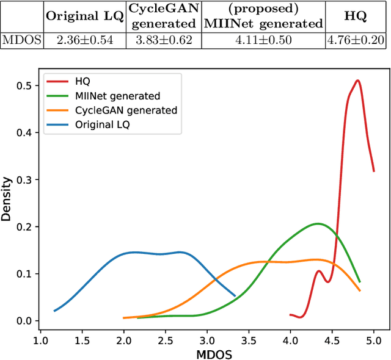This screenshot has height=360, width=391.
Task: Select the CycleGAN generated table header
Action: coord(163,16)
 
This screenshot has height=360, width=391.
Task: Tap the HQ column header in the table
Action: coord(355,16)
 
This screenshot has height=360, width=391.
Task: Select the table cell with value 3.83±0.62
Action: coord(163,40)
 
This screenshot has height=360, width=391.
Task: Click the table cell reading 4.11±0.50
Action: coord(263,40)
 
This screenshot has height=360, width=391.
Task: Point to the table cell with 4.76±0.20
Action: coord(355,40)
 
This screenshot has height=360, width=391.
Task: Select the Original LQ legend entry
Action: coord(103,124)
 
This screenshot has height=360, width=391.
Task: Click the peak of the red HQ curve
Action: coord(357,81)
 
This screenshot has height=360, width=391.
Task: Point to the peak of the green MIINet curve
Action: coord(318,223)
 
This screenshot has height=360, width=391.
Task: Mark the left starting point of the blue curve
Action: coord(54,311)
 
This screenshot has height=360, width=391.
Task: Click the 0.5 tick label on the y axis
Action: coord(23,85)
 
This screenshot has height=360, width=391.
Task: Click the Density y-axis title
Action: coord(7,198)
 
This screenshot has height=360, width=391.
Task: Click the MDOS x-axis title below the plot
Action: coord(207,353)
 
